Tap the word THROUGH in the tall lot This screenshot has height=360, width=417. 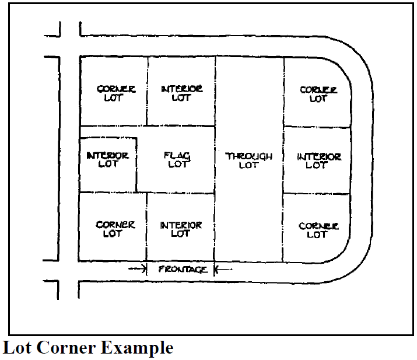(x=249, y=156)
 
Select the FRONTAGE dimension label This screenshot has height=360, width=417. (x=182, y=269)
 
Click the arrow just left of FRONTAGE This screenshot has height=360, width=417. (x=137, y=268)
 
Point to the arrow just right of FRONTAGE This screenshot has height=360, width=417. (x=224, y=269)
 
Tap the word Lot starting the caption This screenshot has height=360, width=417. (x=18, y=348)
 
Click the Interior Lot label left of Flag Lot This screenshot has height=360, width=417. (x=107, y=160)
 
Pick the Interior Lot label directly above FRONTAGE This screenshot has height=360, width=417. (x=181, y=229)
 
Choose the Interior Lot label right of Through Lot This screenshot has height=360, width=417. (x=318, y=160)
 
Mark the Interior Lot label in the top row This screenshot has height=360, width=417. (x=181, y=93)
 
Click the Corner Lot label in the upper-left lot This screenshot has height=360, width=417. (x=115, y=93)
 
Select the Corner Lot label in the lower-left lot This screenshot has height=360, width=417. (x=115, y=229)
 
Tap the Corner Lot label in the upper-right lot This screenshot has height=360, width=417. (x=318, y=94)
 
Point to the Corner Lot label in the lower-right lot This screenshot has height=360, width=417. (x=318, y=230)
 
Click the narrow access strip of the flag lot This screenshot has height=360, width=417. (x=108, y=132)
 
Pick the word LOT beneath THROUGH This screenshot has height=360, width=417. (x=249, y=165)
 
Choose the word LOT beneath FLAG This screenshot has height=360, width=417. (x=178, y=165)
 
